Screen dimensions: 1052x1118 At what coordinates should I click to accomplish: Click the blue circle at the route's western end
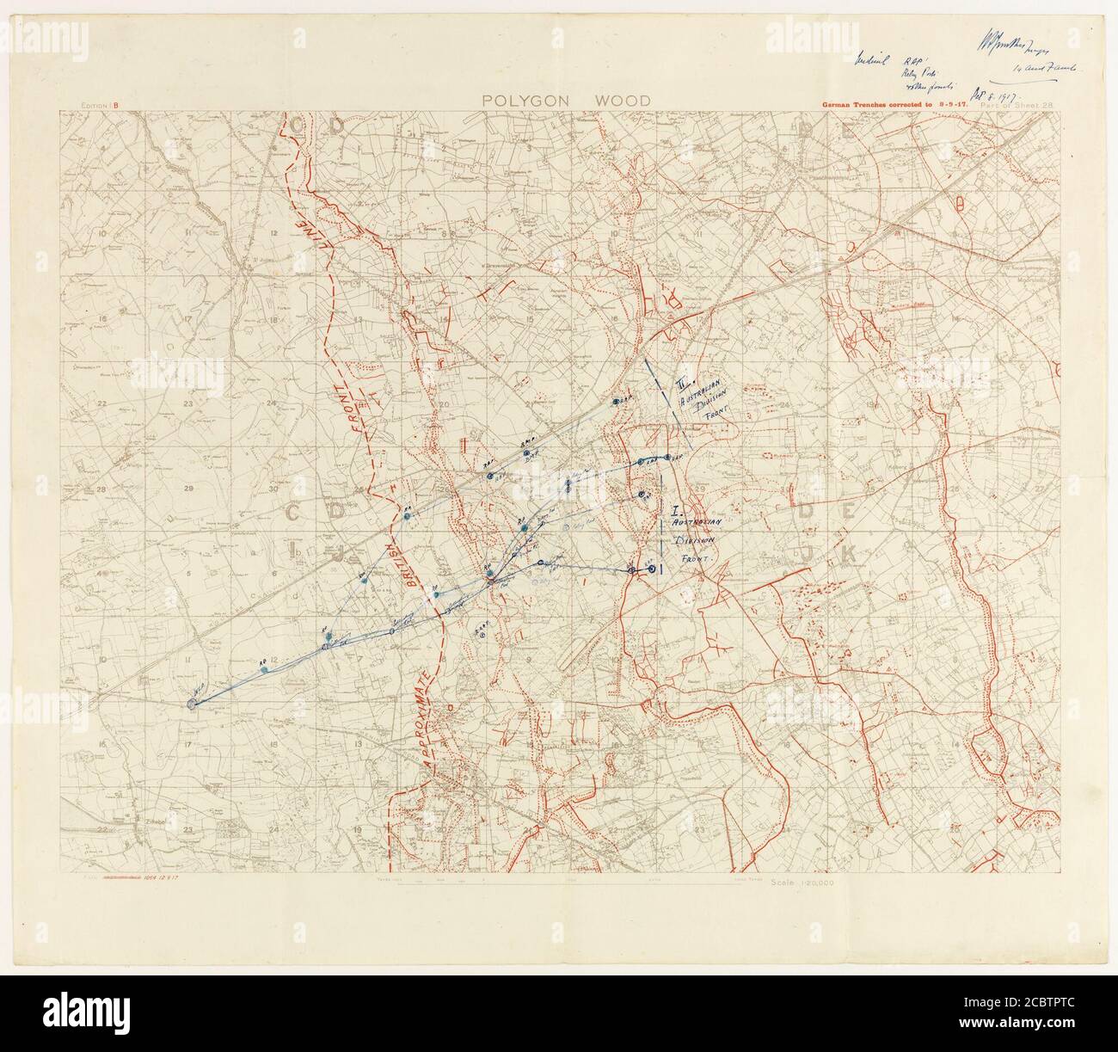tap(192, 703)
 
